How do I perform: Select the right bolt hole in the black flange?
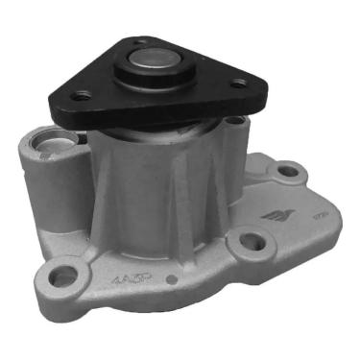[x=238, y=84]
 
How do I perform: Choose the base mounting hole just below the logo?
[x=251, y=241]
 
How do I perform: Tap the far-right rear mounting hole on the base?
[x=287, y=174]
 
